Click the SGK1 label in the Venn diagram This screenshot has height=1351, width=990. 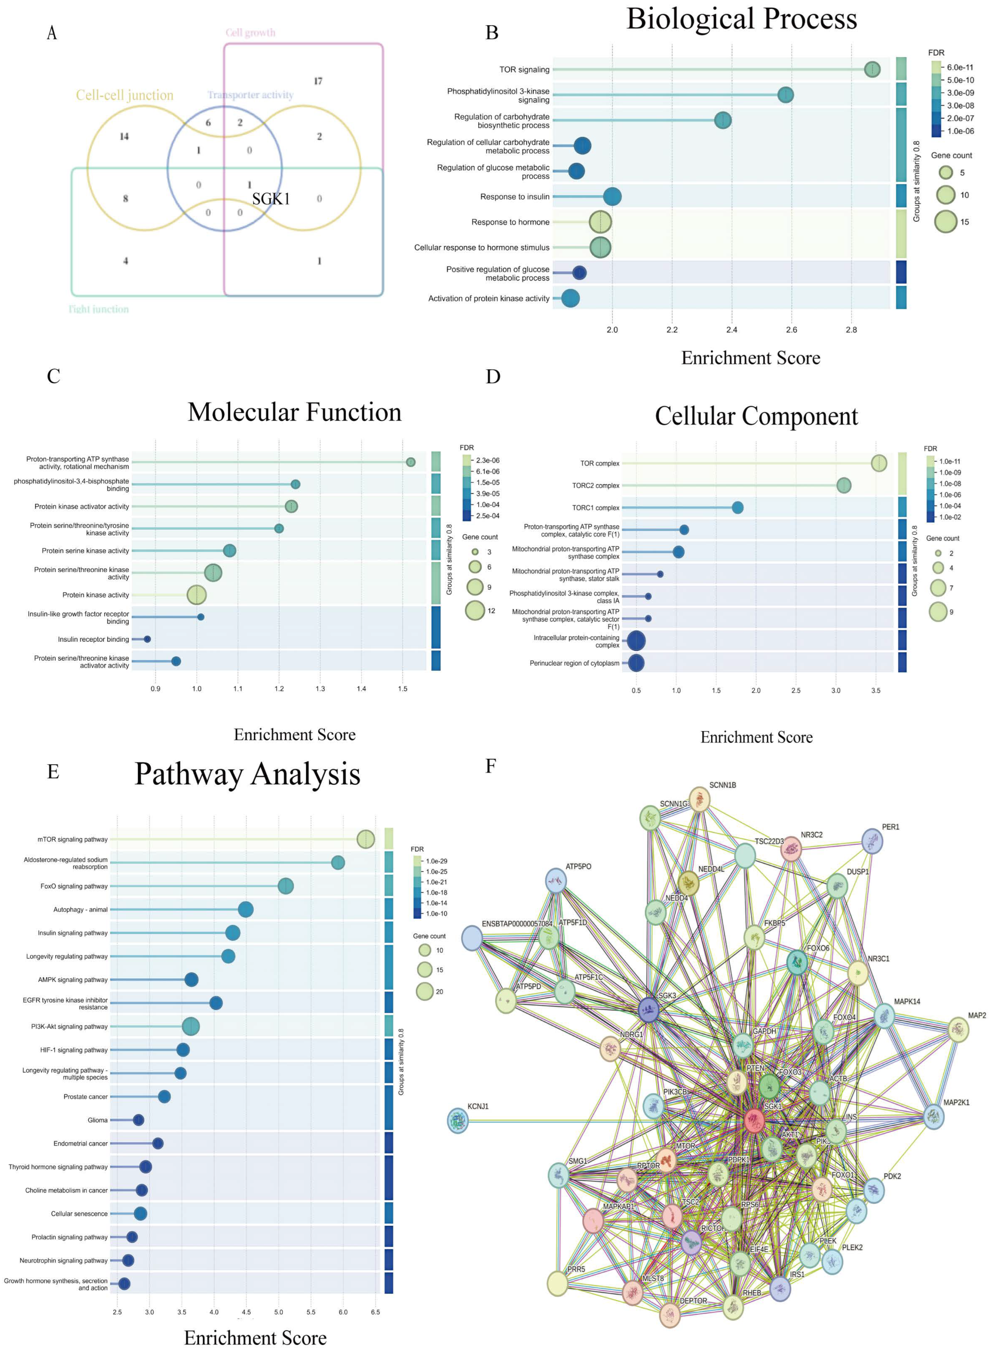point(271,199)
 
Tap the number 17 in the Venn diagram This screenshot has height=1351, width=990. point(318,81)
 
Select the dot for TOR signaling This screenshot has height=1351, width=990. point(872,70)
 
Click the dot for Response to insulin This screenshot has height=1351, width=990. point(612,197)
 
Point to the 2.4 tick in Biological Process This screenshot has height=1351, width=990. point(732,330)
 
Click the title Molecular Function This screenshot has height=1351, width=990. point(294,412)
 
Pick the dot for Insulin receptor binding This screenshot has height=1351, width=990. point(147,639)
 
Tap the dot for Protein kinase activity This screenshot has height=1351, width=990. point(197,595)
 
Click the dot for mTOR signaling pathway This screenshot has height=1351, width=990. point(365,840)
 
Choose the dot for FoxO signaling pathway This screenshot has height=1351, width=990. point(286,886)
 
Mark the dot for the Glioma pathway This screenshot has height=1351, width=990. point(138,1120)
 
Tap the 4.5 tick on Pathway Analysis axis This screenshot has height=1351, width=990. point(246,1312)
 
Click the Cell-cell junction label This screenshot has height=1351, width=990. point(125,95)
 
